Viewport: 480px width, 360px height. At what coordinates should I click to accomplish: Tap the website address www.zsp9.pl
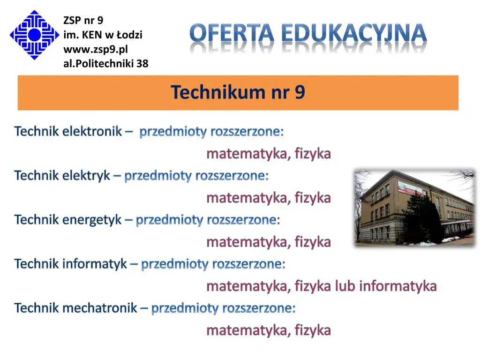coord(96,49)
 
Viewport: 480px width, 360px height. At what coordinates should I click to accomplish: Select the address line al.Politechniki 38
coord(105,63)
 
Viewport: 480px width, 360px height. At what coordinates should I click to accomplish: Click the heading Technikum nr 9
coord(238,92)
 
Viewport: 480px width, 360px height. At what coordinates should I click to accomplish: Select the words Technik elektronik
coord(68,131)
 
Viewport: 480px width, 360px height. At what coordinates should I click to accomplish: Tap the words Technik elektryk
coord(62,175)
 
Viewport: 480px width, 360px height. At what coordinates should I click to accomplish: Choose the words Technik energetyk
coord(68,219)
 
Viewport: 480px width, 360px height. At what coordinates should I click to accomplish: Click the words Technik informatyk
coord(70,263)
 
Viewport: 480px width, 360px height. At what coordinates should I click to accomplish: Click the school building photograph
coord(414,207)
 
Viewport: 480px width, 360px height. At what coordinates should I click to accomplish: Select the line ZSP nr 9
coord(83,20)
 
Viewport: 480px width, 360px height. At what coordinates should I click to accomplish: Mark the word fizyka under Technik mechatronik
coord(313,330)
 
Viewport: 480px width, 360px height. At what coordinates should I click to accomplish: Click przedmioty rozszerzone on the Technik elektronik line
coord(211,131)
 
